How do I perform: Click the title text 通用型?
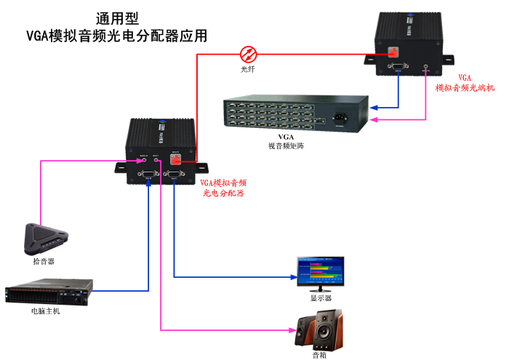(117, 18)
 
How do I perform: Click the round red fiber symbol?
(249, 52)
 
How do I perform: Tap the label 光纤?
(249, 69)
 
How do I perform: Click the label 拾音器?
(44, 260)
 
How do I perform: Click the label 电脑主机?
(46, 311)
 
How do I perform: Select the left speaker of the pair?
(305, 332)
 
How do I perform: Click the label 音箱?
(319, 355)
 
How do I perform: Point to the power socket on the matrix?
(340, 116)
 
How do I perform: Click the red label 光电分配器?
(223, 193)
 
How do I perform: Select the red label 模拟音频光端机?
(465, 87)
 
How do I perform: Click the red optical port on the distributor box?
(175, 159)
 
